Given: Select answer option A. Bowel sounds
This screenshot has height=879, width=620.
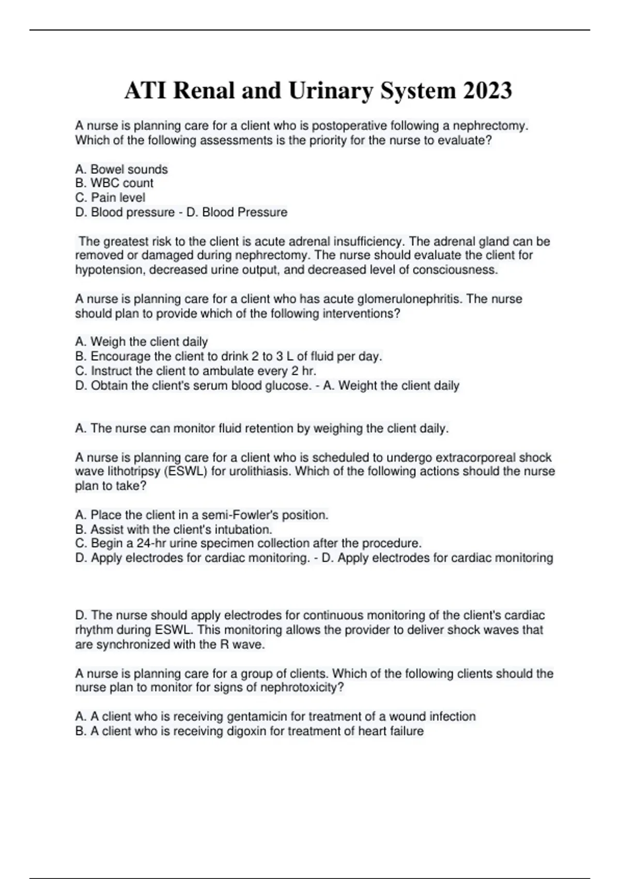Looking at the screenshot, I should pos(121,169).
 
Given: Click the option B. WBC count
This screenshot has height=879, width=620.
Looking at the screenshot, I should pos(114,183).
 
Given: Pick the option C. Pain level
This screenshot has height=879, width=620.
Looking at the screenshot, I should pos(110,198).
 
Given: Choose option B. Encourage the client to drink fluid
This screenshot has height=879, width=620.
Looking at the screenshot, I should pos(228,356).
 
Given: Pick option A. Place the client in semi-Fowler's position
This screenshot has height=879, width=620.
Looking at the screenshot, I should pos(202,515).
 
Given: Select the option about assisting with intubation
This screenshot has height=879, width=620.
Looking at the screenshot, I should pos(174,529).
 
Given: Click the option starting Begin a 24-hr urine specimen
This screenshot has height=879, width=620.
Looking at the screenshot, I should pos(248,543).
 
